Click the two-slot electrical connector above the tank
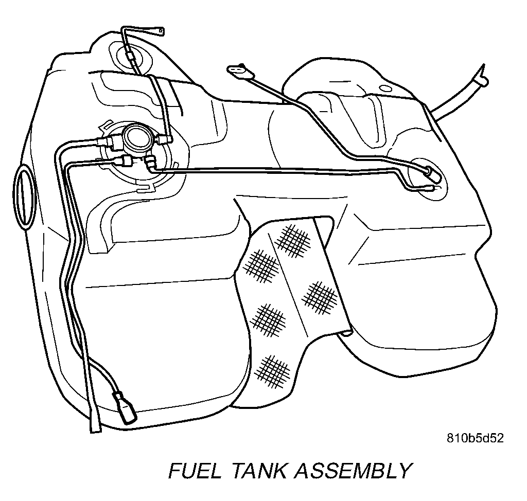point(237,70)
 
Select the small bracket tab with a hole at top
point(160,32)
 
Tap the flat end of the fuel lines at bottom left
point(95,426)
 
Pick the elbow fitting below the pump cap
point(150,163)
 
